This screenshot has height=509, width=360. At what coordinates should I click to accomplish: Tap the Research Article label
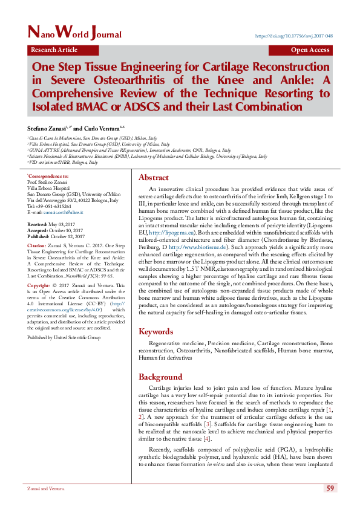point(54,50)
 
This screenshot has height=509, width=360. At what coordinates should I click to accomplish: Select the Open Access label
point(310,50)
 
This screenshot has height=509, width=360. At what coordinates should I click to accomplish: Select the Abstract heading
point(154,178)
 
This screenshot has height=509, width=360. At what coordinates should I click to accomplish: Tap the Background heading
point(160,377)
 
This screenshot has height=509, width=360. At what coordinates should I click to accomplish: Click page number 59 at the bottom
point(330,488)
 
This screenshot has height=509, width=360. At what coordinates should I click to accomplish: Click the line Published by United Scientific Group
point(64,338)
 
